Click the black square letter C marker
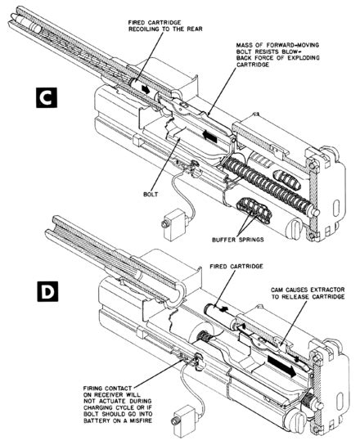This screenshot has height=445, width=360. point(47,97)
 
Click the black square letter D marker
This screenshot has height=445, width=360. point(47,291)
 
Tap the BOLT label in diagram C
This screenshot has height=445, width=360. point(151,195)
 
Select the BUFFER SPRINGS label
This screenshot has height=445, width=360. point(237,240)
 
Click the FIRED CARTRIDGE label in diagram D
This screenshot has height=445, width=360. point(236,267)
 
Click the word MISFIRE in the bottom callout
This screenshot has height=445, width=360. point(140,420)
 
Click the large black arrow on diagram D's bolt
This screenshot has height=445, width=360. point(282,366)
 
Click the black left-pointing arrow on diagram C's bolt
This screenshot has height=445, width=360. point(210,137)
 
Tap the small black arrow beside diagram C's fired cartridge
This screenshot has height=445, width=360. point(146,90)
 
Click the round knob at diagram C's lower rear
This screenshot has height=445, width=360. point(295,228)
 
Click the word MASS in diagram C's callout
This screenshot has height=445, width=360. point(244,45)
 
